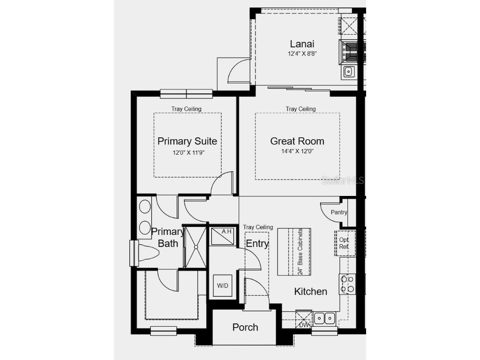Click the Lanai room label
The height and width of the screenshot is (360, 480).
point(301,44)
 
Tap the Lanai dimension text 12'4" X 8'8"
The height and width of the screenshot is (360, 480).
point(302,54)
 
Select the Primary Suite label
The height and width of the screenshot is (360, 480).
point(187,141)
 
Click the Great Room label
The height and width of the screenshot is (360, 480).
point(297,141)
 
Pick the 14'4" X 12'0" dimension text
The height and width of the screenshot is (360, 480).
point(298,151)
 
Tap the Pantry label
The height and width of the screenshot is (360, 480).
point(339,212)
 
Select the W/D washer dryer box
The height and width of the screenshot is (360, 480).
point(222,285)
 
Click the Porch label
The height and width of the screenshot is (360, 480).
point(245,327)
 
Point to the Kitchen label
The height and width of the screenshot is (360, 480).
point(310,292)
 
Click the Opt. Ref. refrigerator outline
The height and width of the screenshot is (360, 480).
point(345,243)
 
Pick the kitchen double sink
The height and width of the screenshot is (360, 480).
point(324,319)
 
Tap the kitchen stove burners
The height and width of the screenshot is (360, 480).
point(347,284)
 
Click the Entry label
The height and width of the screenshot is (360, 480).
point(257,244)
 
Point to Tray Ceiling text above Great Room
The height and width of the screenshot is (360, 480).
point(301,109)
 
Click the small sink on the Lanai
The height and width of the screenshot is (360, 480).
point(348,71)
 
